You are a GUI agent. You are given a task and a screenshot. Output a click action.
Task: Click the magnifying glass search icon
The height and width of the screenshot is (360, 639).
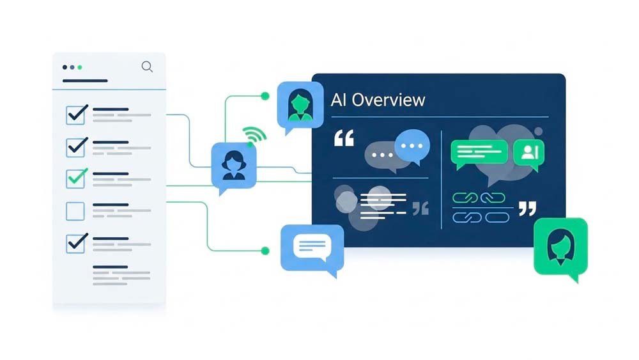[147, 67]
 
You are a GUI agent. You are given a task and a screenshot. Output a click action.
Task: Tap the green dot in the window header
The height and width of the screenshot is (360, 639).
[80, 67]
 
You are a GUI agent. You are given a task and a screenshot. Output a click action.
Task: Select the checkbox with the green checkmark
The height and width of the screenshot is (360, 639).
[76, 178]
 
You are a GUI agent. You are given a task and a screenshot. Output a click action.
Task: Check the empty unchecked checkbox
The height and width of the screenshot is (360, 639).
[76, 210]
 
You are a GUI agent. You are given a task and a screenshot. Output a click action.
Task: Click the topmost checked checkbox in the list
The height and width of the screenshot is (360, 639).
[76, 114]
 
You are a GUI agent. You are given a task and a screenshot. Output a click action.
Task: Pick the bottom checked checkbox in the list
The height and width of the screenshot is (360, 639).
[76, 242]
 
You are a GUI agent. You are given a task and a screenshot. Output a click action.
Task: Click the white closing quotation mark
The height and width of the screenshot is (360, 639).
[527, 208]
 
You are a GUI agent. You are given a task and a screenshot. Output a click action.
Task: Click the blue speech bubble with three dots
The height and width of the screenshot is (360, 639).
[412, 146]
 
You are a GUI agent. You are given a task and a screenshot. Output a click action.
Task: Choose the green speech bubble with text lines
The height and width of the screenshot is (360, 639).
[479, 153]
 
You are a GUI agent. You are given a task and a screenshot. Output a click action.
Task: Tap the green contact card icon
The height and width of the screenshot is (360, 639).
[529, 153]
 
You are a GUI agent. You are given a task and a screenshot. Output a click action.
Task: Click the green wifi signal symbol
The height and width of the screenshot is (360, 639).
[254, 136]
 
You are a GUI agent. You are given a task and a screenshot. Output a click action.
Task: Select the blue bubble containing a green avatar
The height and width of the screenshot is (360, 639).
[296, 104]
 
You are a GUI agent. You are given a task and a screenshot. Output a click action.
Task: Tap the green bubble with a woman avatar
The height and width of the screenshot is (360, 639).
[560, 246]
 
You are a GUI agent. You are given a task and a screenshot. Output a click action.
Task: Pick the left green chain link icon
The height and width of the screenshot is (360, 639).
[465, 198]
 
